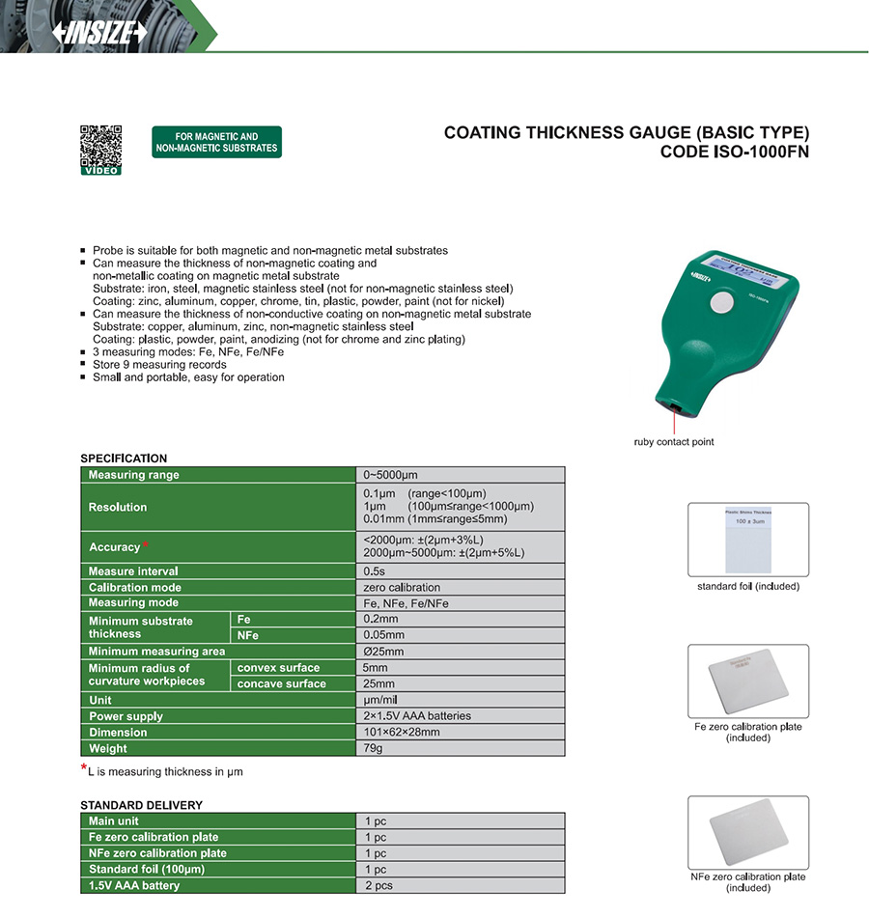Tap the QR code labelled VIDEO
[100, 146]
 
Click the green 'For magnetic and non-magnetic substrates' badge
[216, 142]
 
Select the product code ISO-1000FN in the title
[735, 152]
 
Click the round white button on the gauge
[721, 303]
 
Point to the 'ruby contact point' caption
[674, 442]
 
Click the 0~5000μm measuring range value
[390, 475]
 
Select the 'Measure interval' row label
[133, 571]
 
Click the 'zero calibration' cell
[402, 587]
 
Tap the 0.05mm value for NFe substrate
[383, 635]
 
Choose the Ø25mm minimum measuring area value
[383, 652]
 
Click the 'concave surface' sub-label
[281, 683]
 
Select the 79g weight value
[373, 748]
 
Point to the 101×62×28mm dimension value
[402, 732]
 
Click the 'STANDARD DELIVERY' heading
[141, 805]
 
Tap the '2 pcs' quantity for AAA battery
[379, 885]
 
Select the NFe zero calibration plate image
[747, 833]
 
